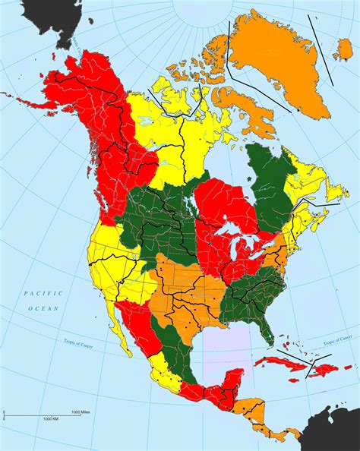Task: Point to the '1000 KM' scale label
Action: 51,418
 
